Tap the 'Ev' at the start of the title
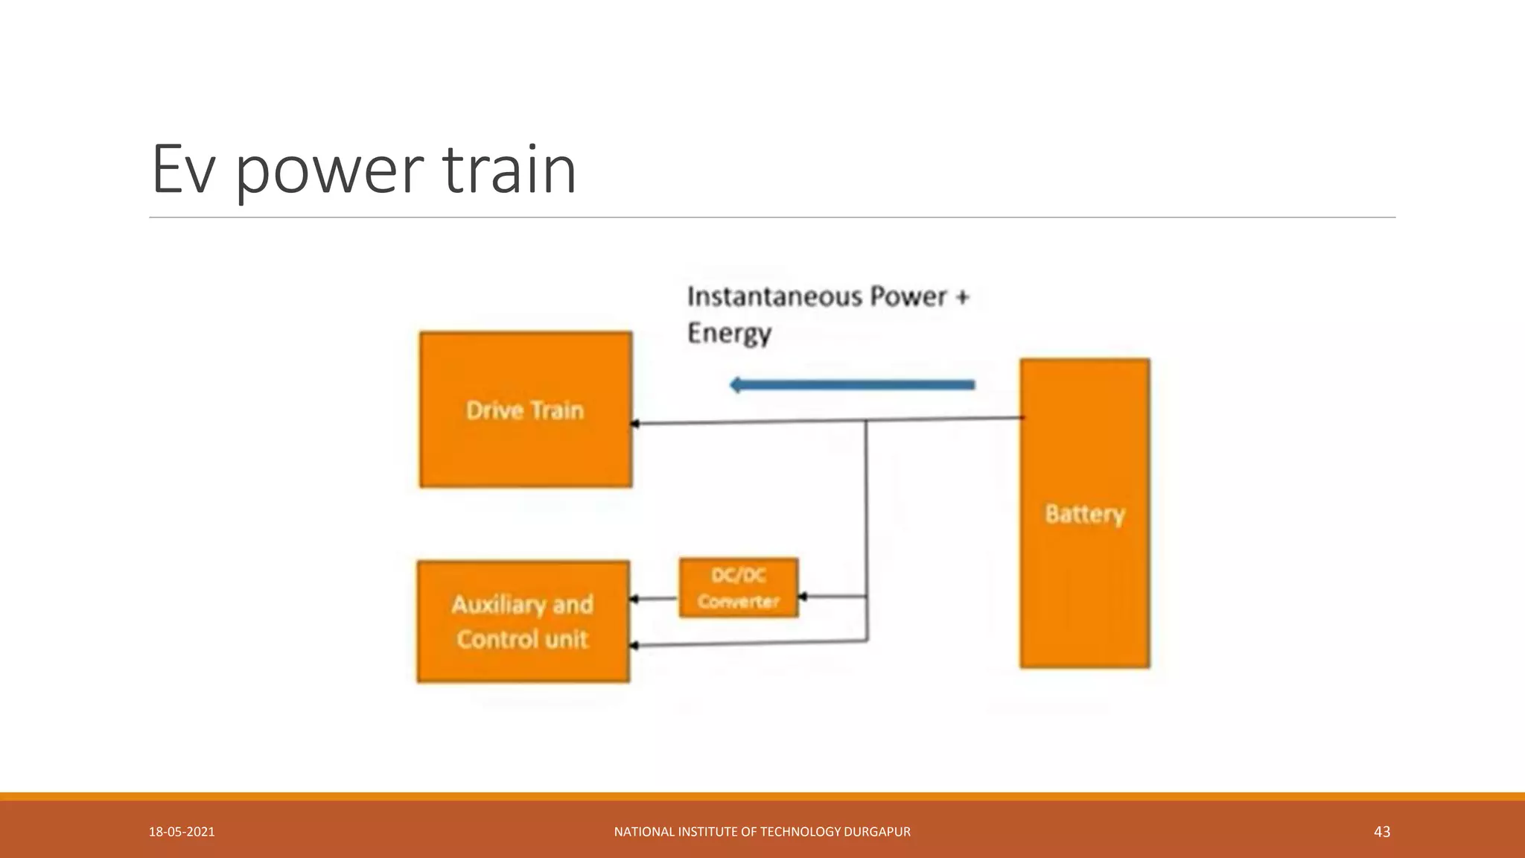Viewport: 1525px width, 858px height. [x=183, y=170]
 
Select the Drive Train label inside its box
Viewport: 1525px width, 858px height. [x=525, y=410]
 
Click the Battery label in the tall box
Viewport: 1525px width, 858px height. [x=1084, y=514]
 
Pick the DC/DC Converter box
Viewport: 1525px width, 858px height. [x=738, y=588]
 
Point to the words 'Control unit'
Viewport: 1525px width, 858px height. [x=522, y=640]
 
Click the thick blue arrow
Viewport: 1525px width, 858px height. [x=852, y=385]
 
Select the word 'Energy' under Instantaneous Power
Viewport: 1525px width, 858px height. [x=728, y=333]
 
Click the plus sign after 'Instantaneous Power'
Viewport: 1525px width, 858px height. [x=962, y=296]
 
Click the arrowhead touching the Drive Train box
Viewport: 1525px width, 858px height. [x=635, y=424]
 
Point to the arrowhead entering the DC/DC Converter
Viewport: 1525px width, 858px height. [x=803, y=597]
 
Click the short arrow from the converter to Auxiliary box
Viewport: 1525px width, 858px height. [x=654, y=599]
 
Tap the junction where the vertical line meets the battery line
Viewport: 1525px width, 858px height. [x=866, y=421]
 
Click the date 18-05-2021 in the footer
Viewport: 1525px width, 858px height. [x=182, y=832]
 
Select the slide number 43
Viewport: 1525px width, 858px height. [x=1381, y=832]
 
